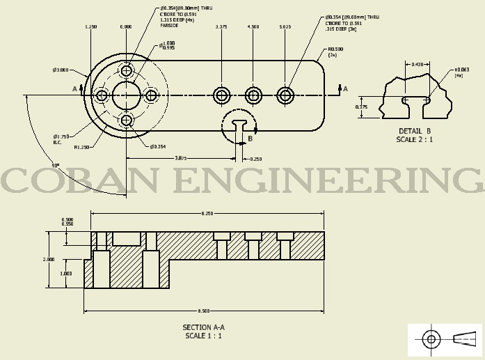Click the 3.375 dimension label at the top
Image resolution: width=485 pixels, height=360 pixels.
(221, 27)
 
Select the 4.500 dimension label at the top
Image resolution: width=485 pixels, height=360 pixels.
(253, 27)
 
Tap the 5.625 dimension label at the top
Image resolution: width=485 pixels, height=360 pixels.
(284, 27)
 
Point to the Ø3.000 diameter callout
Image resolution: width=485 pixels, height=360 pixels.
(60, 70)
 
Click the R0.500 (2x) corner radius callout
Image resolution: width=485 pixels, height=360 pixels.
(337, 52)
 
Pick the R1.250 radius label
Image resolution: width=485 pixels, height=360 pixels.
(82, 147)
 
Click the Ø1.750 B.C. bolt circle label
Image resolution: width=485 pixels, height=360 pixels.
(61, 139)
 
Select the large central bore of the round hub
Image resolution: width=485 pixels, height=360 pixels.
(126, 95)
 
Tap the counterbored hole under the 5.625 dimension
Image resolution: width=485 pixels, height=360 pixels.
(285, 95)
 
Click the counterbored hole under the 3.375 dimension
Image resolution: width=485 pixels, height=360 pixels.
(222, 95)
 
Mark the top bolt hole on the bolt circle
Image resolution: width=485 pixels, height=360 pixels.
(126, 71)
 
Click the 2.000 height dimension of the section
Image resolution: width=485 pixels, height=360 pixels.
(48, 259)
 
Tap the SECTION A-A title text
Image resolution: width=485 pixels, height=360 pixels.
(204, 327)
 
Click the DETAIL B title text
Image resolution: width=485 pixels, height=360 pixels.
(415, 131)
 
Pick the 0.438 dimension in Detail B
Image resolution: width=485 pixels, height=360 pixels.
(418, 65)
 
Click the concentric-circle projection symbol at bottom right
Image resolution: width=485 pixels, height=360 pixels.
(431, 340)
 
